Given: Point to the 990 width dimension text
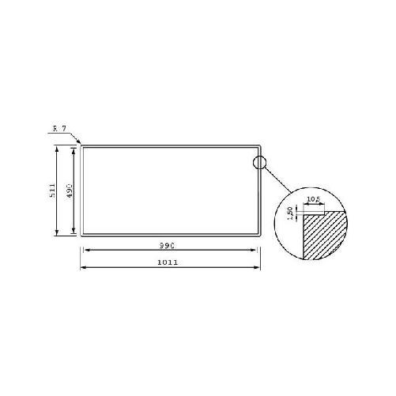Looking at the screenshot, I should pos(166,246).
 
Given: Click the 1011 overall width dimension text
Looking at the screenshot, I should pos(166,262).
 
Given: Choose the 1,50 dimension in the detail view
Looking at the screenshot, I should pos(291,213).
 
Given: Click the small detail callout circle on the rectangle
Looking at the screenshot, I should pos(260,164).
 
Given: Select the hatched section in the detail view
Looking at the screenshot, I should pos(323,237).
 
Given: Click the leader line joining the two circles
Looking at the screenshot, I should pos(276,183).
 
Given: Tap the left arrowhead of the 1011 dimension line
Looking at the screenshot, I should pos(82,267).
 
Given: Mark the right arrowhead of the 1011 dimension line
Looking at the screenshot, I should pos(258,267).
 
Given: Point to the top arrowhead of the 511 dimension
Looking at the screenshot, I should pos(57,148).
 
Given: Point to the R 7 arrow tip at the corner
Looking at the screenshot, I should pos(81,145).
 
